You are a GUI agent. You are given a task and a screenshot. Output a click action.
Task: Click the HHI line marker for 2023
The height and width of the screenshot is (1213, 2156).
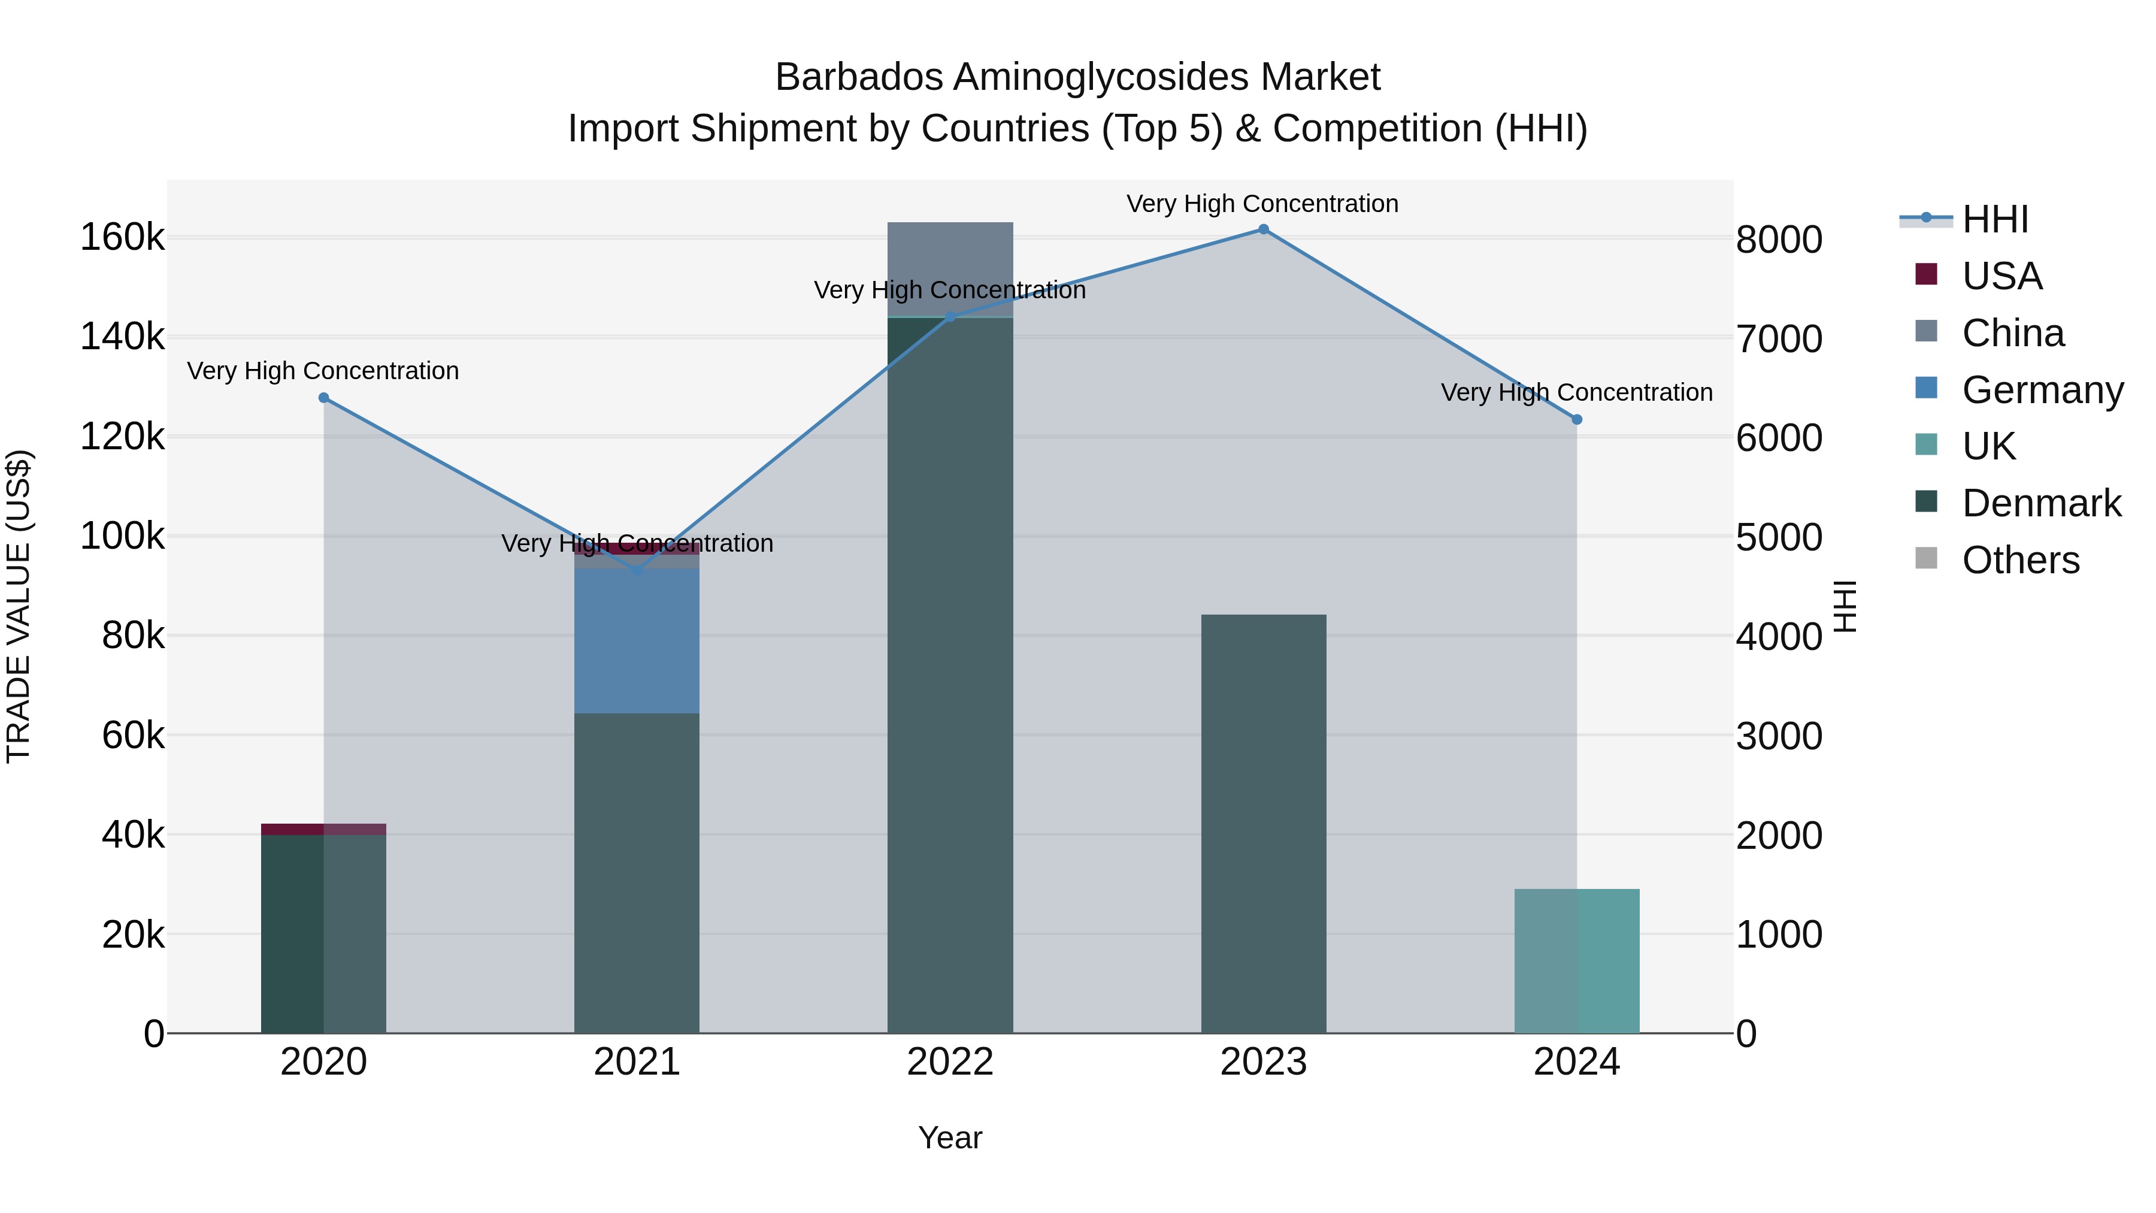point(1263,229)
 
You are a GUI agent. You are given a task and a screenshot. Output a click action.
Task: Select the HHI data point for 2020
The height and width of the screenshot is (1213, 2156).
point(324,398)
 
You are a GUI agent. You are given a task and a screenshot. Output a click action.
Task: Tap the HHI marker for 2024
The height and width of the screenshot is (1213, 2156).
point(1577,419)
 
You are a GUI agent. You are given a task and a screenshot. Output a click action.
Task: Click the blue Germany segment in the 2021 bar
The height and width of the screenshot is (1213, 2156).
point(636,640)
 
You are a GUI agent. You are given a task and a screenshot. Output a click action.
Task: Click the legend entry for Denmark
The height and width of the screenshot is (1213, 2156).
point(2040,503)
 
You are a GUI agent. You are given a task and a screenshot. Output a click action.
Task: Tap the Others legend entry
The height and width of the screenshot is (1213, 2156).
point(2019,560)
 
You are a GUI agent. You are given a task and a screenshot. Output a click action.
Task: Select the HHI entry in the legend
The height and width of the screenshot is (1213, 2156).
point(1994,219)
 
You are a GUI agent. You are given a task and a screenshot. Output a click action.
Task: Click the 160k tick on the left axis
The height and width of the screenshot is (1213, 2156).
point(122,238)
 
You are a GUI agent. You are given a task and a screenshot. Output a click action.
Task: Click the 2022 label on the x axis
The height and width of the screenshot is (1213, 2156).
point(950,1062)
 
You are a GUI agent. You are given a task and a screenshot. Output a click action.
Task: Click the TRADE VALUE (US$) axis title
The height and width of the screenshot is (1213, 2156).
point(19,606)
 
